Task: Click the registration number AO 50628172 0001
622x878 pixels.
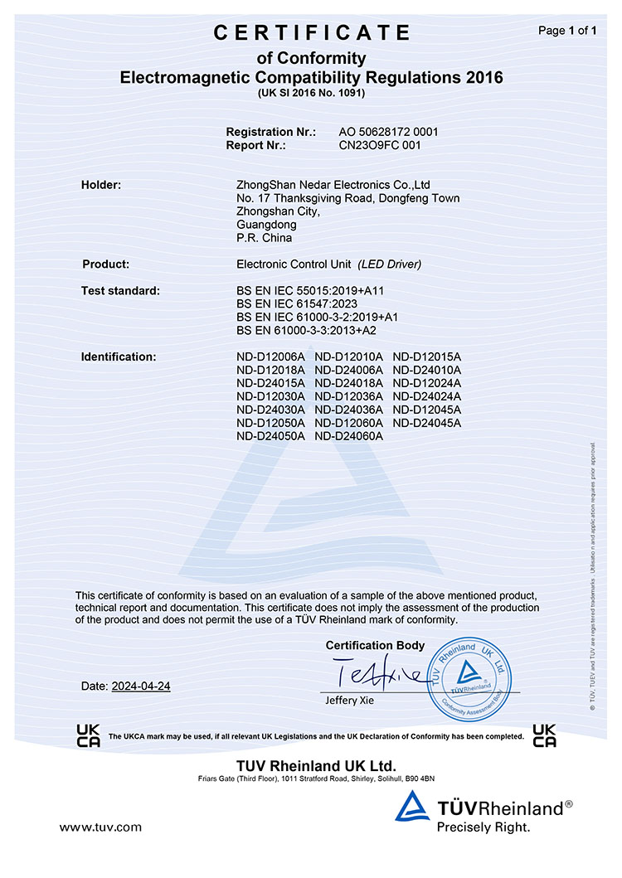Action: point(388,132)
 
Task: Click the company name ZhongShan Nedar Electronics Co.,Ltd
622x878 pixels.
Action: point(333,185)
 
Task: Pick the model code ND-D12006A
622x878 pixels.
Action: point(271,357)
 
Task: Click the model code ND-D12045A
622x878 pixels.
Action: point(426,410)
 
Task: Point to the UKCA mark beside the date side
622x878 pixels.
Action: point(88,735)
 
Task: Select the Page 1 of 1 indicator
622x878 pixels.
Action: point(567,31)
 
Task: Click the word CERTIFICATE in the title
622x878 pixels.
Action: point(312,33)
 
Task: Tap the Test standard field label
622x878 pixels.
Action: point(120,291)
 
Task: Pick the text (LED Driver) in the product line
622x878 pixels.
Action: point(390,264)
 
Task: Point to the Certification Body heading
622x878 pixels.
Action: point(375,645)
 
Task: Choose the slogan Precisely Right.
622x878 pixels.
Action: point(483,827)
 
